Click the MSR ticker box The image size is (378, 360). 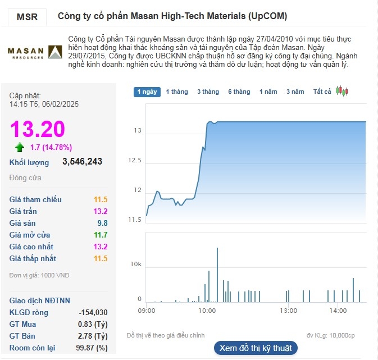click(27, 17)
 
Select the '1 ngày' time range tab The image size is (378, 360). click(147, 92)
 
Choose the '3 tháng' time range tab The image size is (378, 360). click(208, 92)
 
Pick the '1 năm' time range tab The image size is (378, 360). click(268, 92)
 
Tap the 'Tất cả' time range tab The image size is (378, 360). click(322, 92)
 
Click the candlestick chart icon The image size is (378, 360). click(342, 91)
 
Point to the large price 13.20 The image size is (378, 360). click(38, 129)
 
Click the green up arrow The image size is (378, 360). click(20, 148)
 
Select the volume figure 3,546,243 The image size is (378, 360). click(82, 162)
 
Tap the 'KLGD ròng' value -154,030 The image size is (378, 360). click(93, 312)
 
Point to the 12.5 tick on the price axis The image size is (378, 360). click(134, 161)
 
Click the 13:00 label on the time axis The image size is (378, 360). click(288, 310)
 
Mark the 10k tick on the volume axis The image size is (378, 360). click(136, 264)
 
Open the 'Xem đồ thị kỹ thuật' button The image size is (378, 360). click(255, 348)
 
